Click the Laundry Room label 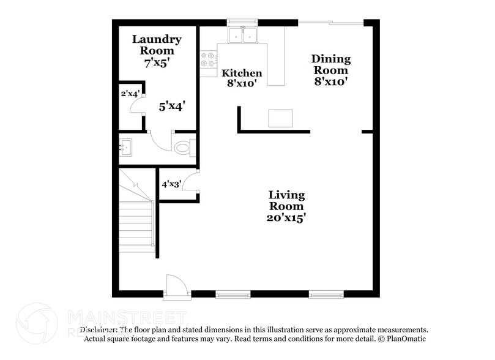pyautogui.click(x=157, y=45)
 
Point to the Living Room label pyautogui.click(x=287, y=200)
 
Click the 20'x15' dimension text pyautogui.click(x=287, y=217)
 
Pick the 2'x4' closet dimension pyautogui.click(x=130, y=94)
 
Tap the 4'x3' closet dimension pyautogui.click(x=171, y=184)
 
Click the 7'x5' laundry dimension pyautogui.click(x=157, y=62)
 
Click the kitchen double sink pyautogui.click(x=244, y=36)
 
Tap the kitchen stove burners pyautogui.click(x=208, y=59)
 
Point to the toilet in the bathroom pyautogui.click(x=184, y=148)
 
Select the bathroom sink pyautogui.click(x=127, y=147)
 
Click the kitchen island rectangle pyautogui.click(x=280, y=118)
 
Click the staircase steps pyautogui.click(x=135, y=220)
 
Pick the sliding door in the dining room pyautogui.click(x=330, y=23)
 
